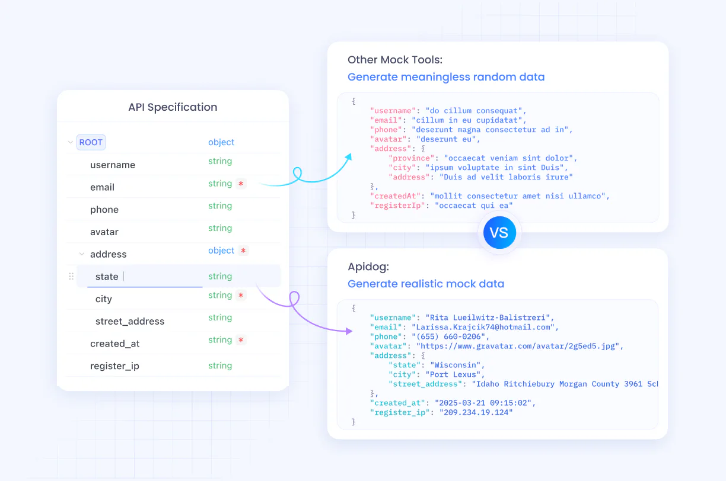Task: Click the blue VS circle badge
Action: (x=499, y=232)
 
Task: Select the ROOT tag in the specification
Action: (x=91, y=142)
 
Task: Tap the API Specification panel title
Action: (x=173, y=107)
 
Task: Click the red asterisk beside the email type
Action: (x=241, y=184)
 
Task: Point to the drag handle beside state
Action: (x=71, y=276)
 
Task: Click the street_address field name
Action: (x=130, y=321)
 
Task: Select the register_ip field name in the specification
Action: (x=114, y=366)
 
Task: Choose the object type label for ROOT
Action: (x=221, y=142)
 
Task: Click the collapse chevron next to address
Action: (x=82, y=254)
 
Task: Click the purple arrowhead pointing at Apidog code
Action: (x=349, y=331)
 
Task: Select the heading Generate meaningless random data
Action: (x=446, y=77)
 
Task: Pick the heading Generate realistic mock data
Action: (x=426, y=284)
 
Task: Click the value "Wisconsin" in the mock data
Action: (x=456, y=365)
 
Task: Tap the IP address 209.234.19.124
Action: (x=476, y=412)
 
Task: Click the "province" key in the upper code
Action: (x=411, y=158)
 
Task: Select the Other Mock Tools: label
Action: (x=395, y=60)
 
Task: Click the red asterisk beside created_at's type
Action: (x=241, y=340)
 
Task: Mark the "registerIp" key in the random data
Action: (x=397, y=206)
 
